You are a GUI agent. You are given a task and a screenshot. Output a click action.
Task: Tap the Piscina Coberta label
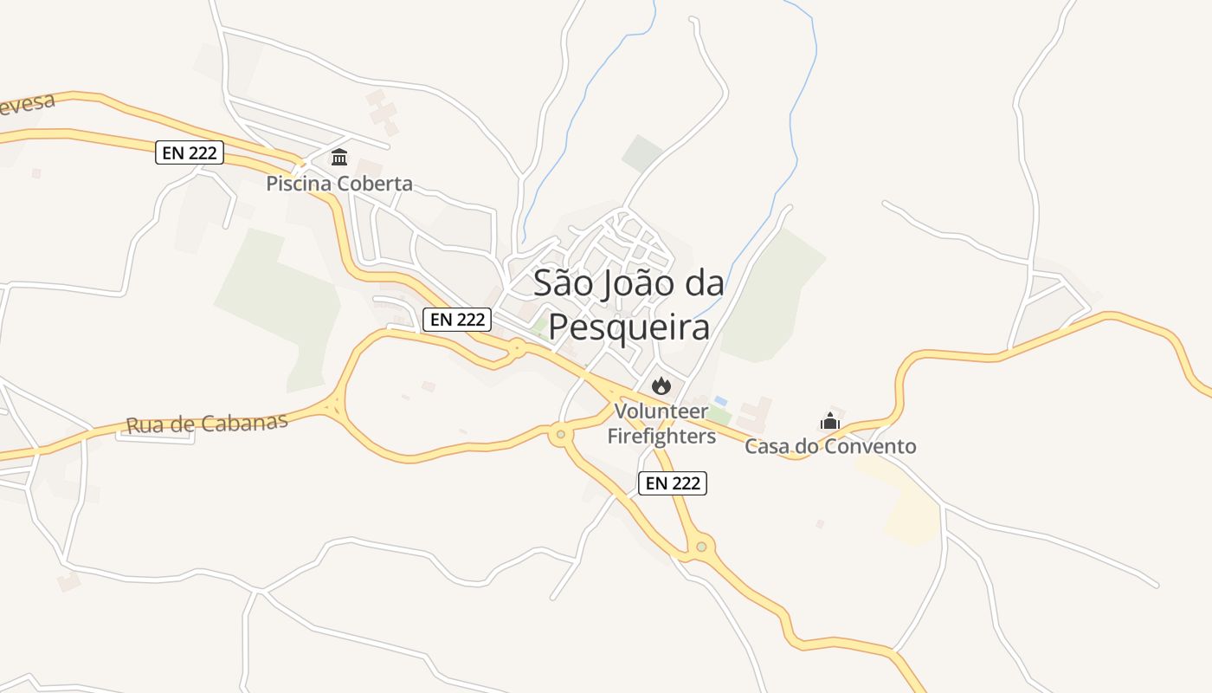click(x=339, y=184)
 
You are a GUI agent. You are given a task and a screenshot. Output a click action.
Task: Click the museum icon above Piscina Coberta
click(x=339, y=158)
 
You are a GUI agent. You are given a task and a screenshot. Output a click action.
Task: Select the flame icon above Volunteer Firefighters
click(x=661, y=386)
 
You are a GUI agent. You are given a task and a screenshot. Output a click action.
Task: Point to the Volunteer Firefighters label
click(x=661, y=424)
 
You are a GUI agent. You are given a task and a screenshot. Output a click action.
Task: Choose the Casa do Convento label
click(x=830, y=447)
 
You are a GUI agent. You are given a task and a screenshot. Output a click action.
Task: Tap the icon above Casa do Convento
click(x=830, y=422)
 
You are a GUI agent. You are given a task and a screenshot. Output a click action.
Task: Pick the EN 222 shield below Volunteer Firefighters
click(x=673, y=483)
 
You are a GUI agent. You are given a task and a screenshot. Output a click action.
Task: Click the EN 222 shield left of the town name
click(x=458, y=320)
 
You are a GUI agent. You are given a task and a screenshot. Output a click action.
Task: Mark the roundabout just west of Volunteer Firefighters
click(x=561, y=434)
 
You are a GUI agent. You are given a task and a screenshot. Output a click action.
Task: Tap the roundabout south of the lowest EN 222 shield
click(x=701, y=547)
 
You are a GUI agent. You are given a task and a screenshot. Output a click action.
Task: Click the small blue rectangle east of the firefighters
click(x=720, y=401)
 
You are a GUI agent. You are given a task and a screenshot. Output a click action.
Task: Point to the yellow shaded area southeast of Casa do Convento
click(x=905, y=507)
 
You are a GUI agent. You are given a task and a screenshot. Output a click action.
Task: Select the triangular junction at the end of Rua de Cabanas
click(x=333, y=405)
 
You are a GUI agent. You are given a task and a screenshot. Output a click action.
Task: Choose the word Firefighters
click(x=661, y=436)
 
